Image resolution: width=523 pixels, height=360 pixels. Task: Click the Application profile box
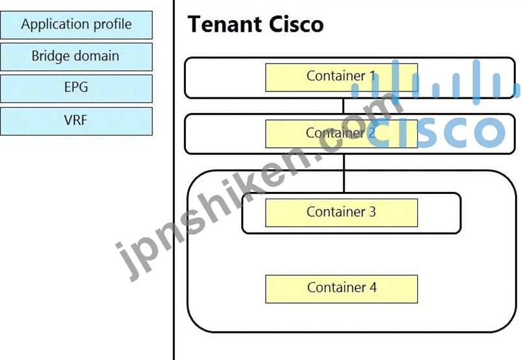tap(76, 25)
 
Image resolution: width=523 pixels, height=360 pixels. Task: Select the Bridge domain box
tap(76, 57)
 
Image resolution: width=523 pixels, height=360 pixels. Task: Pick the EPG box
tap(76, 88)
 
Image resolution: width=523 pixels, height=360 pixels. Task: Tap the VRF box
tap(76, 121)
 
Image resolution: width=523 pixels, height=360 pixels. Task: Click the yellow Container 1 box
tap(342, 77)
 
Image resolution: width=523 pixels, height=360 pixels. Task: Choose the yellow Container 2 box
tap(342, 134)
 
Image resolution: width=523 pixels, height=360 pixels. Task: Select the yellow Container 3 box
tap(342, 213)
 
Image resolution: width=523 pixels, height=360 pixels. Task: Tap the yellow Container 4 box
tap(342, 289)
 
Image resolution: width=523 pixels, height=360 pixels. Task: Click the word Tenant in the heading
tap(225, 25)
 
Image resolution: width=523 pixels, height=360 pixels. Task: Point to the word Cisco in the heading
tap(296, 25)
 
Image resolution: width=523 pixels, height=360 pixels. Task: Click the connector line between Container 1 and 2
tap(343, 106)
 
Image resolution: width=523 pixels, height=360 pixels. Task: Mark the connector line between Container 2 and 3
tap(344, 173)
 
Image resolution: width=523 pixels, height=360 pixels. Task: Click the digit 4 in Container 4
tap(373, 287)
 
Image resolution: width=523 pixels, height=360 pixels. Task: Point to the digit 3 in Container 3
tap(372, 211)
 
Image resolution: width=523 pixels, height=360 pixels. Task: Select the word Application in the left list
tap(56, 25)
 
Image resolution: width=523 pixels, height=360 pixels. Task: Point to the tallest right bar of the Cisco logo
tap(476, 82)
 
